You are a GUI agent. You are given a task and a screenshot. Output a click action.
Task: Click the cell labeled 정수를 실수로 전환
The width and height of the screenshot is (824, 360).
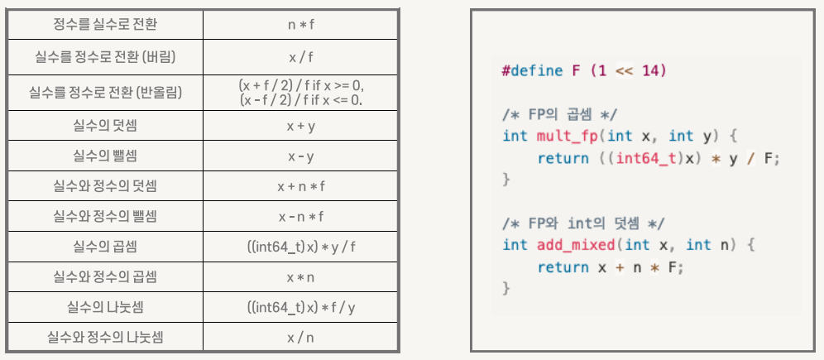[x=105, y=24]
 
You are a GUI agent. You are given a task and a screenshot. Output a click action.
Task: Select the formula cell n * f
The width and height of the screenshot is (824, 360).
[x=301, y=24]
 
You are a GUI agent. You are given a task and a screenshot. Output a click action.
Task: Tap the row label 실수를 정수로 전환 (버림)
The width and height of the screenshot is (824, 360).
[x=105, y=58]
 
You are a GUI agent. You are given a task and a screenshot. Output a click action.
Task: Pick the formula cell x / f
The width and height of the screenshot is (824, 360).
[x=301, y=58]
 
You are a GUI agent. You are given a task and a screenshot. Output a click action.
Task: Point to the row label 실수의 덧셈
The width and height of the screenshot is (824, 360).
[x=105, y=127]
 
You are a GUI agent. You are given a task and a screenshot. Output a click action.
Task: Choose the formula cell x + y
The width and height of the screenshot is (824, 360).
[x=301, y=127]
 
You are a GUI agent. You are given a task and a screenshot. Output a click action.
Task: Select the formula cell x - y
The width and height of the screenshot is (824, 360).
[x=301, y=156]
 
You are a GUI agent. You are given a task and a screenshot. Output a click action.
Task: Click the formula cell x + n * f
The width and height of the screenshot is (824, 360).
[x=301, y=186]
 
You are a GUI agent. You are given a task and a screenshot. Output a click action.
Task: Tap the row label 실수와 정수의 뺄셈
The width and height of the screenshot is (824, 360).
[x=105, y=216]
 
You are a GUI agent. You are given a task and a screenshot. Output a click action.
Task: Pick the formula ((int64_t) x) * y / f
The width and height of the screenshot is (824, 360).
[x=301, y=246]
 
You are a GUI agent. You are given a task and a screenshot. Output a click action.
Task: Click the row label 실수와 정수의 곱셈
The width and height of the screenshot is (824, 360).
[x=105, y=276]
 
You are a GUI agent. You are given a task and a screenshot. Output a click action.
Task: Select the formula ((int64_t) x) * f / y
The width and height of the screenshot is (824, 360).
[x=301, y=307]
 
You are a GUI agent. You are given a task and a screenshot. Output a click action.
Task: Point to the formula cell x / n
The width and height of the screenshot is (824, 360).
[x=301, y=337]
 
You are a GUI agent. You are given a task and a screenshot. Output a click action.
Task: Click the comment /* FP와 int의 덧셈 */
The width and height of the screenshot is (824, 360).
[x=583, y=223]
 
